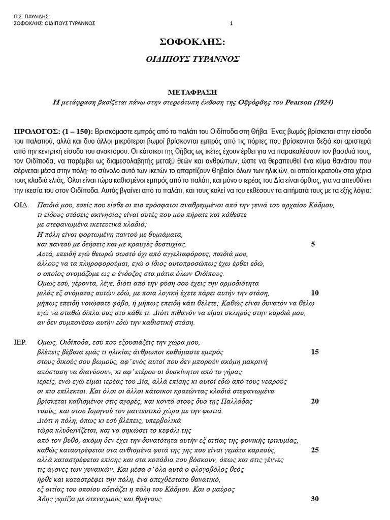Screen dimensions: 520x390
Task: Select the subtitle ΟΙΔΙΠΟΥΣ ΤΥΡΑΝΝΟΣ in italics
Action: pyautogui.click(x=193, y=59)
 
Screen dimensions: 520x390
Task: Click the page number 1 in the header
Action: pyautogui.click(x=231, y=23)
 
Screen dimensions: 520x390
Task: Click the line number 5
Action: pyautogui.click(x=313, y=244)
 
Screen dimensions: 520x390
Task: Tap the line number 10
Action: pyautogui.click(x=314, y=293)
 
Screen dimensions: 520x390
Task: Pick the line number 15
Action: pyautogui.click(x=314, y=352)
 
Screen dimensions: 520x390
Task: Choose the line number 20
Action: pyautogui.click(x=314, y=401)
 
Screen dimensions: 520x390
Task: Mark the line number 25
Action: pyautogui.click(x=314, y=450)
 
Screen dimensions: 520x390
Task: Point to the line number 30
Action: pyautogui.click(x=314, y=499)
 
